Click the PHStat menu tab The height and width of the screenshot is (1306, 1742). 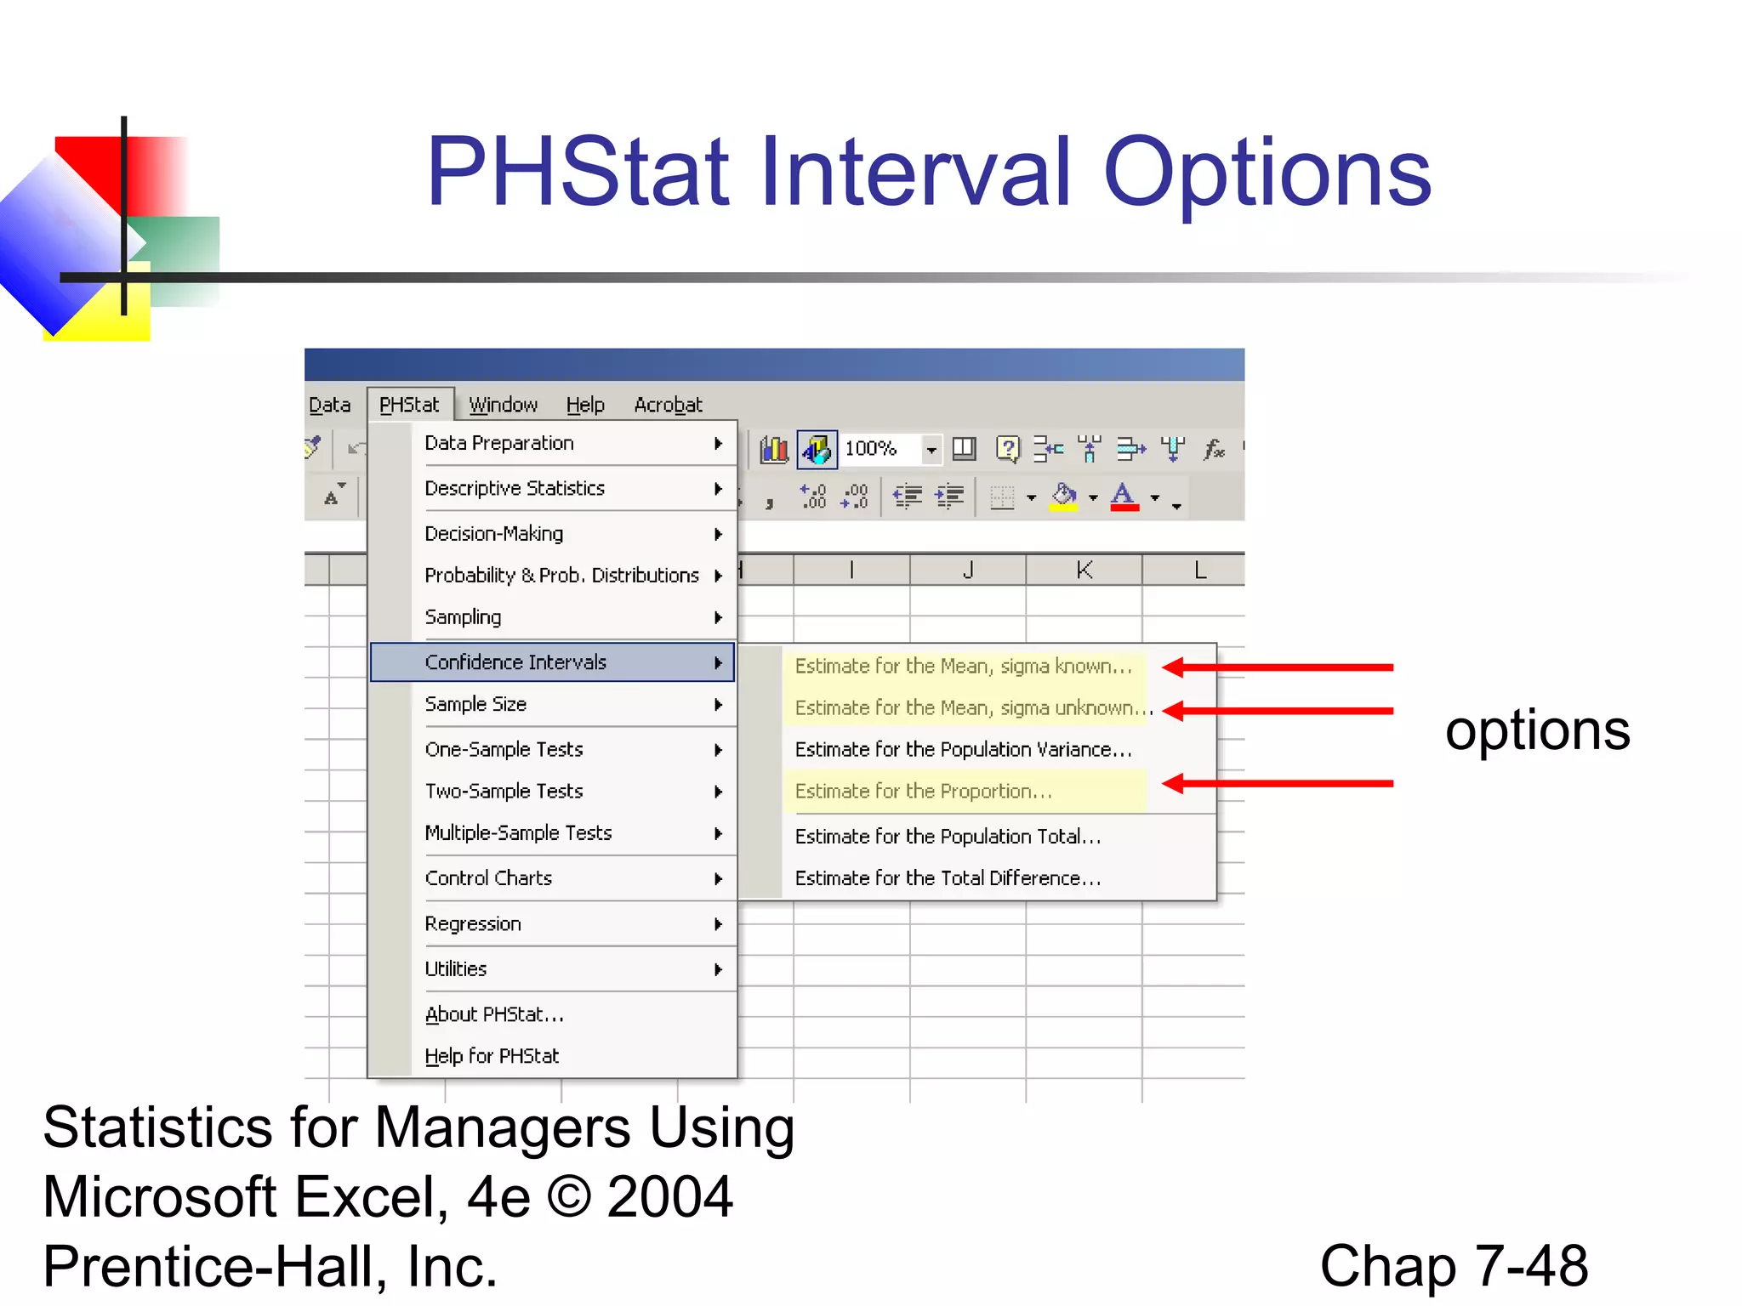[409, 405]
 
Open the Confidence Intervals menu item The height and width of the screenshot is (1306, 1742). [515, 662]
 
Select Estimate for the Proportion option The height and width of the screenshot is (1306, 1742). [924, 792]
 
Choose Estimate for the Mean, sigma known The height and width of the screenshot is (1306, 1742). [963, 667]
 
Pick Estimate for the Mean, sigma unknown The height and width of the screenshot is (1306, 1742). [970, 708]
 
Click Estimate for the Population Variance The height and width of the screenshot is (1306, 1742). [963, 750]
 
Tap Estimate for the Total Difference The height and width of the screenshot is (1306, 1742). [948, 878]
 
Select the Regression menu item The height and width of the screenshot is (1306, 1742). [473, 924]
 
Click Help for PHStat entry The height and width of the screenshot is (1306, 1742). [492, 1056]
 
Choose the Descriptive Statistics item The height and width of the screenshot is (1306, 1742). [515, 489]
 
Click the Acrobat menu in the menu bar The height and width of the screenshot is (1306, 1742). [668, 405]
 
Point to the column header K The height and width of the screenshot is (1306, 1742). [1084, 570]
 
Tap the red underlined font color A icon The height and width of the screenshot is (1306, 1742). [1124, 497]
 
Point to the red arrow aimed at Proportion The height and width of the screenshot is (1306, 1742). [1276, 783]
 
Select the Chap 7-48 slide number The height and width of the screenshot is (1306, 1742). [1453, 1266]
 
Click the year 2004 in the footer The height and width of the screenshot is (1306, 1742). [669, 1196]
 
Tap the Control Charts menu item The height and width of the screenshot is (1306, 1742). [488, 878]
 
